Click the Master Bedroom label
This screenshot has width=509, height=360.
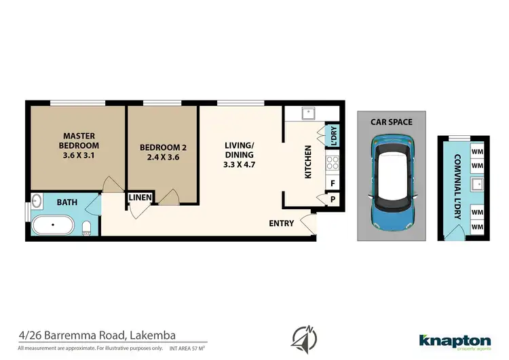click(78, 145)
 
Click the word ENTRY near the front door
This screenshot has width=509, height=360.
click(281, 223)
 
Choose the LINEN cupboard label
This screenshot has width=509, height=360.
click(140, 198)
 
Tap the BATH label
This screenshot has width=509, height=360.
click(67, 202)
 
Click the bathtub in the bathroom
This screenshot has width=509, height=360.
click(54, 226)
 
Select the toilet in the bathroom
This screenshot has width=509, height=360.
click(86, 227)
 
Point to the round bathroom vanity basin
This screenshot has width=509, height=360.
click(36, 201)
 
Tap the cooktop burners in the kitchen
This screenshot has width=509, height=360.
click(333, 163)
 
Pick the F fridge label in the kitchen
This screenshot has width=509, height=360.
click(333, 183)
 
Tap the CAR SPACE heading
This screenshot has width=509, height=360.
click(391, 122)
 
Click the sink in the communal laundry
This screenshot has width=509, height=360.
click(477, 183)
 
